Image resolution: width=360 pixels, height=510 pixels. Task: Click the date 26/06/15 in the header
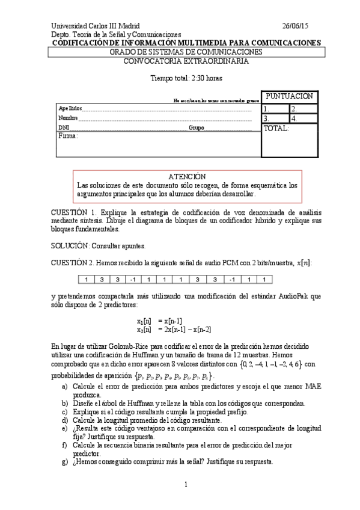(295, 26)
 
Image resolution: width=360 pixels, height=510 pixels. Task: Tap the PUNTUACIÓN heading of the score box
(289, 96)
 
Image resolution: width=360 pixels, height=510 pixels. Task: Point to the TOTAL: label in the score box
(276, 128)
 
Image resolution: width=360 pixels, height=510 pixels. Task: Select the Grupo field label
(197, 128)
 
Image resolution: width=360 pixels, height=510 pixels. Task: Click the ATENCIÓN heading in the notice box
(187, 177)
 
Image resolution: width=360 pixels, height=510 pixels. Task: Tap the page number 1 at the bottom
(186, 484)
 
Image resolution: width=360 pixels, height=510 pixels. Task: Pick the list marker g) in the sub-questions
(64, 462)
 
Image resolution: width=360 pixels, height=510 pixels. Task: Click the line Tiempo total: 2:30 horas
(186, 78)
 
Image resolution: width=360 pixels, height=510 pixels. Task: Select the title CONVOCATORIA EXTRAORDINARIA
(186, 60)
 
